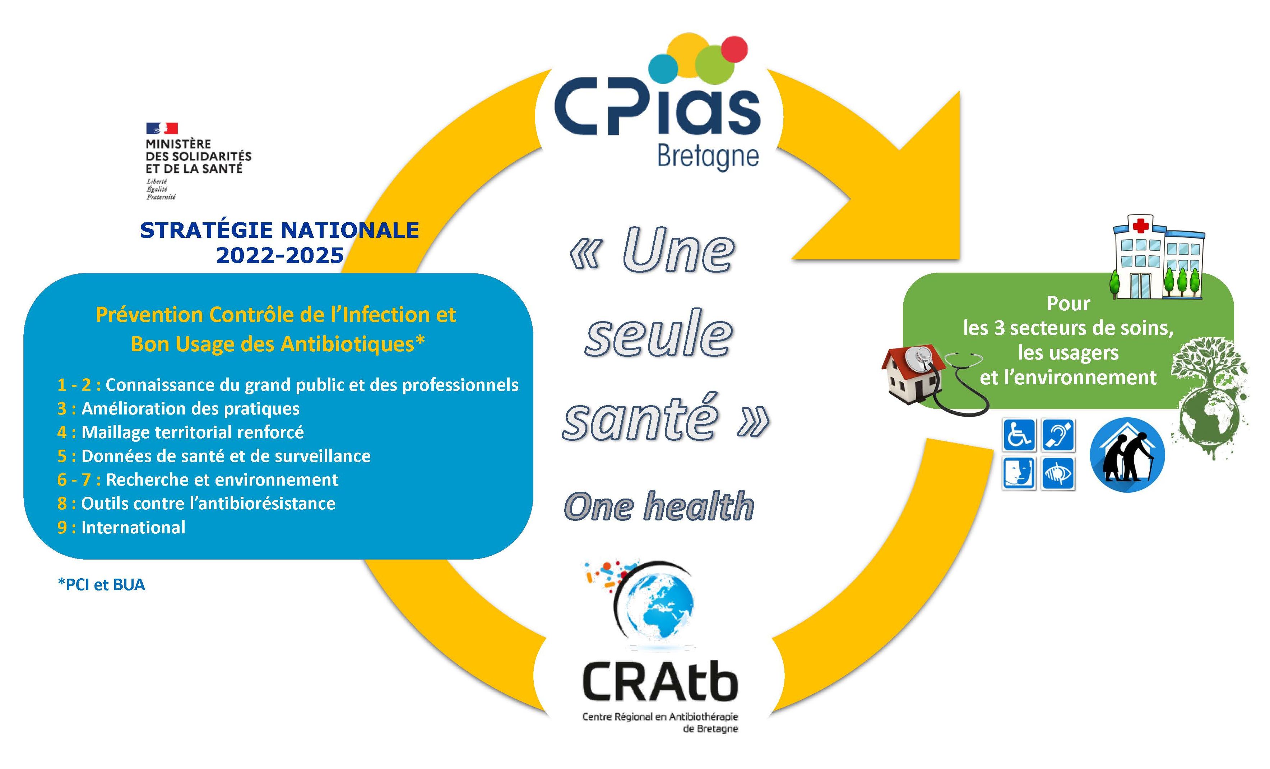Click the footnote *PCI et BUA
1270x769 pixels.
coord(102,584)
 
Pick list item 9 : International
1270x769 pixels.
coord(121,527)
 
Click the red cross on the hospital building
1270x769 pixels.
coord(1140,226)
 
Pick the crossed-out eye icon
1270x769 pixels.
coord(1058,473)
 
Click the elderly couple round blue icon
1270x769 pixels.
coord(1127,455)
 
